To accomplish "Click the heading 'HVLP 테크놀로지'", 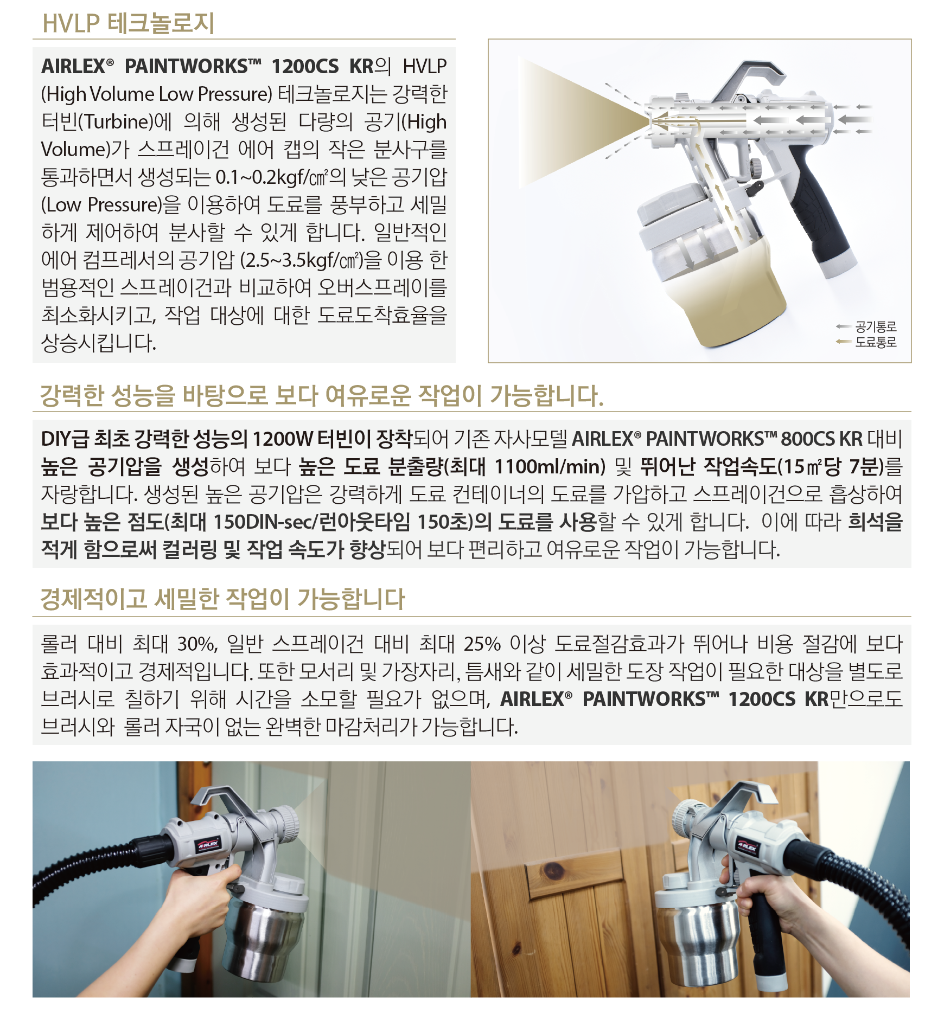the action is pyautogui.click(x=129, y=23).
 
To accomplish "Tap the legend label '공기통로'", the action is pyautogui.click(x=876, y=326).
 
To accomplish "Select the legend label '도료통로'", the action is pyautogui.click(x=876, y=342).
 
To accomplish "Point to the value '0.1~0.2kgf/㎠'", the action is pyautogui.click(x=272, y=177).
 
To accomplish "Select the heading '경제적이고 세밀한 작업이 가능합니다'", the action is pyautogui.click(x=222, y=599).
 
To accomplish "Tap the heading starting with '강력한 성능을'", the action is pyautogui.click(x=322, y=395).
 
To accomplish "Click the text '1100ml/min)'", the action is pyautogui.click(x=550, y=466).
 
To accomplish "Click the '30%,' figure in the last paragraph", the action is pyautogui.click(x=197, y=644).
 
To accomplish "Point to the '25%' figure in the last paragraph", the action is pyautogui.click(x=482, y=644).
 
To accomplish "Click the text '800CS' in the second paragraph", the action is pyautogui.click(x=809, y=439).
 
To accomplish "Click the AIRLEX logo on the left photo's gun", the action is pyautogui.click(x=207, y=844).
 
